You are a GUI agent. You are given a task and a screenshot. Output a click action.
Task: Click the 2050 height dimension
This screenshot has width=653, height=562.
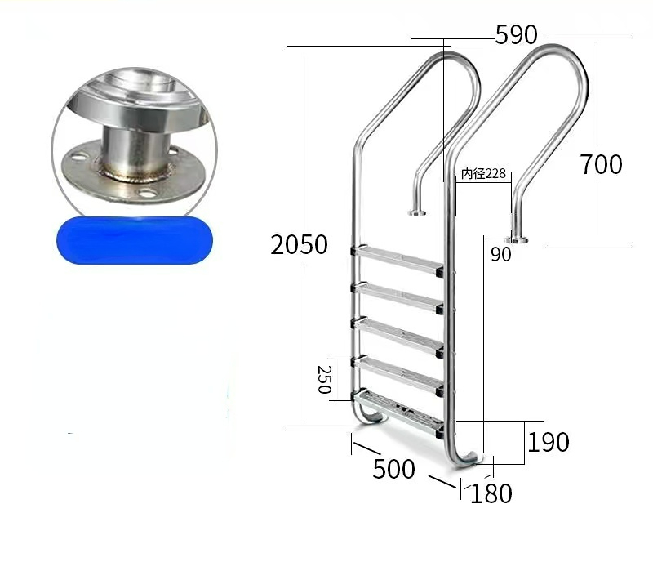[299, 244]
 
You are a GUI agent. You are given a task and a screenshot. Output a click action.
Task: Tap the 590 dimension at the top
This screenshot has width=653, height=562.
[516, 35]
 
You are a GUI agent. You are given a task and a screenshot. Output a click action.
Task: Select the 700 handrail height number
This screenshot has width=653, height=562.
[601, 164]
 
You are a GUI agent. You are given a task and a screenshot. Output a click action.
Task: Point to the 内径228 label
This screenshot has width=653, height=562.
[483, 173]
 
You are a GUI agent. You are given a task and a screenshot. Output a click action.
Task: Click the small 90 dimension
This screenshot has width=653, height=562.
[500, 255]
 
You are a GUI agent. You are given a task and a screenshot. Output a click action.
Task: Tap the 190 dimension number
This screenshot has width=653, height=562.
[548, 442]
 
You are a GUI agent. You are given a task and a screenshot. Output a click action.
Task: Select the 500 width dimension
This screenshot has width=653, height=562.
[393, 469]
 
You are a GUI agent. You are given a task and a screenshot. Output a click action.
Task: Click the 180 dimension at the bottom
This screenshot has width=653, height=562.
[492, 493]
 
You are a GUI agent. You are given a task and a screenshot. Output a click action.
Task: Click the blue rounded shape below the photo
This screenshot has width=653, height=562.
[135, 239]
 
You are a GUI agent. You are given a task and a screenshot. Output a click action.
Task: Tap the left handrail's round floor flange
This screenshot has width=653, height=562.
[417, 213]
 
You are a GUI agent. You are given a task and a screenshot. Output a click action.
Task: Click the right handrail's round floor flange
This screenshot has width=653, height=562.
[517, 239]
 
